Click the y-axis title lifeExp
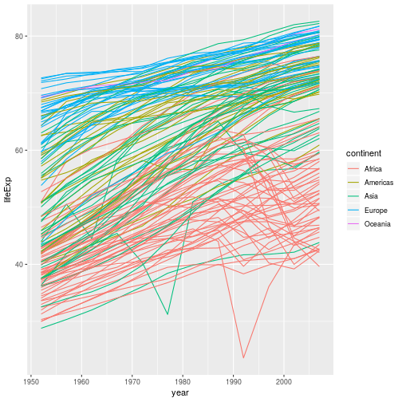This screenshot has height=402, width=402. click(x=7, y=188)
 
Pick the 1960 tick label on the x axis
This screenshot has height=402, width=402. click(x=83, y=380)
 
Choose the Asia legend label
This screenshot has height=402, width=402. click(x=371, y=197)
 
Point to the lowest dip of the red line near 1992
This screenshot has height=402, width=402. click(x=243, y=358)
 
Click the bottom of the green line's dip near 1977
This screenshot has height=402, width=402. click(x=167, y=314)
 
